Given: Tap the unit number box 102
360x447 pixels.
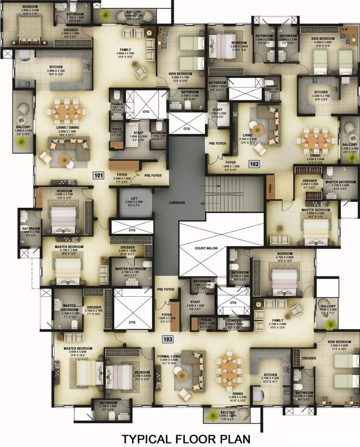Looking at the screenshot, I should [x=254, y=164].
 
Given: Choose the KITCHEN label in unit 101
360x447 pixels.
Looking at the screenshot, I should [x=56, y=68].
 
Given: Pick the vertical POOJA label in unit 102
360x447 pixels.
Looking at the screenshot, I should [x=270, y=189].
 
